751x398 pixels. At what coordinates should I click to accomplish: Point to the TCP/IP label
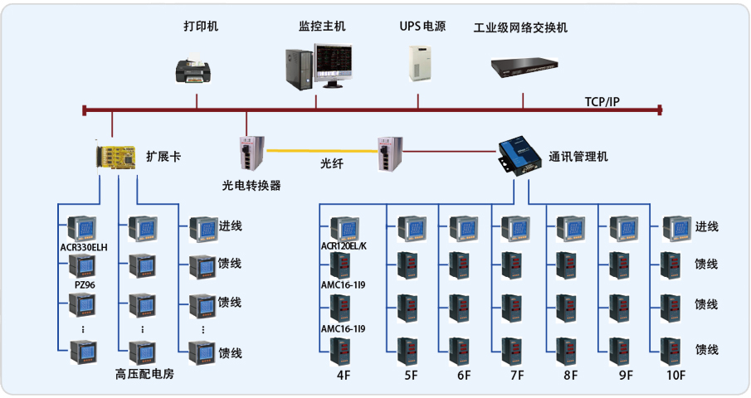602,101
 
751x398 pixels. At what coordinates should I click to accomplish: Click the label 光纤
332,164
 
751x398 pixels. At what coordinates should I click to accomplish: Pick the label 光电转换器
251,186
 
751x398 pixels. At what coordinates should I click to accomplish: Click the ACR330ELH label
84,247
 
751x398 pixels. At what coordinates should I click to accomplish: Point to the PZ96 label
84,284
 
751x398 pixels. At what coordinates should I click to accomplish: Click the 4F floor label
344,375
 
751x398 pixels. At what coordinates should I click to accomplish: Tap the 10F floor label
676,375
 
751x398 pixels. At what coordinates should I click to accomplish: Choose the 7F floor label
517,375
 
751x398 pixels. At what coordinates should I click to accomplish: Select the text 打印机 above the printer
201,27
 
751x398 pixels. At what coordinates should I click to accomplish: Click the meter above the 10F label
675,349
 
